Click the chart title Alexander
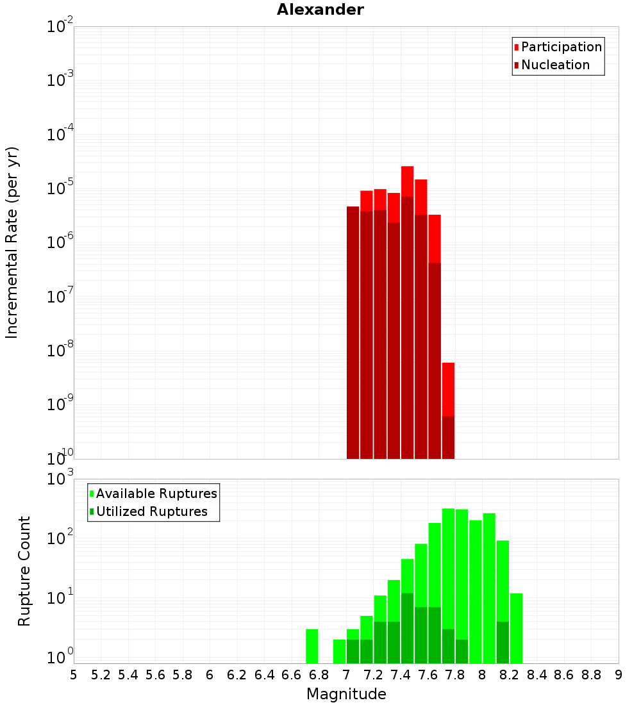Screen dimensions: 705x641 320,10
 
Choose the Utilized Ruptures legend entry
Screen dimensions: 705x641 151,511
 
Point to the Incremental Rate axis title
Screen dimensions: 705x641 12,242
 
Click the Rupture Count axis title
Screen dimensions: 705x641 24,571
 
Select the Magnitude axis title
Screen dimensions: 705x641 346,694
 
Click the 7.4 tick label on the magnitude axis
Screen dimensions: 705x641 401,675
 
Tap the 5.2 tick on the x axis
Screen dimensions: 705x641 101,675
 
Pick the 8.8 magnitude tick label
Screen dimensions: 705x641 591,675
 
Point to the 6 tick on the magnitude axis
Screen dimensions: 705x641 210,675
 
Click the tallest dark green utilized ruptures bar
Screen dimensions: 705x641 407,628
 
